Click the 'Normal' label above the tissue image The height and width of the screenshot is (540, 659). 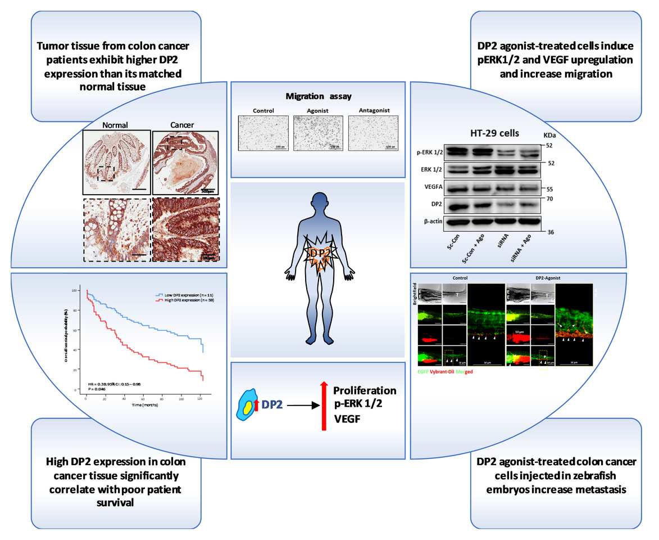coord(116,125)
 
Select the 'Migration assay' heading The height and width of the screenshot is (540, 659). coord(317,96)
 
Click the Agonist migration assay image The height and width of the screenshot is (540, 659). coord(317,133)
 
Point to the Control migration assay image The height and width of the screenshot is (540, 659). coord(262,133)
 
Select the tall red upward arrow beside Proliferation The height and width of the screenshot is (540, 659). coord(324,405)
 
